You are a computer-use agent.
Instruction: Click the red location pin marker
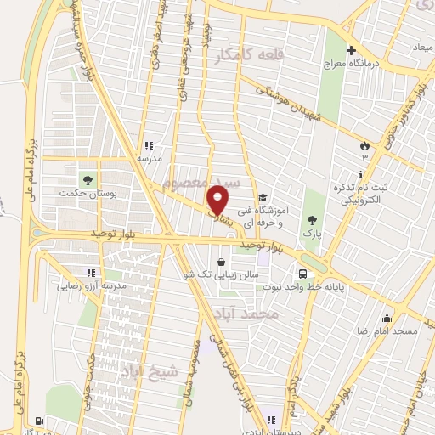[x=218, y=200]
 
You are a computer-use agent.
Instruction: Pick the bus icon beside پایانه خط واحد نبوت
[x=302, y=274]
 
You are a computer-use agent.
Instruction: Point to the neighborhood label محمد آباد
[x=248, y=314]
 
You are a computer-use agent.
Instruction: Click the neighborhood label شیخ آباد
[x=152, y=370]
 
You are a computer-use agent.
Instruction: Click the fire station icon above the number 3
[x=365, y=144]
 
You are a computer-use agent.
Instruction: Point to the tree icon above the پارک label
[x=314, y=218]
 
